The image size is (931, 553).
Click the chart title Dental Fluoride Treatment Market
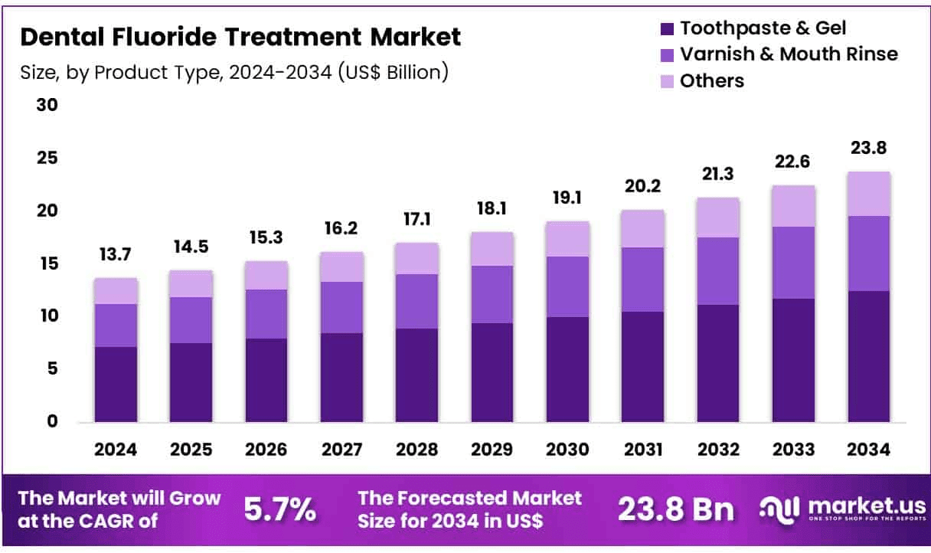(x=240, y=36)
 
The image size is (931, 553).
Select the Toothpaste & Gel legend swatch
(x=666, y=29)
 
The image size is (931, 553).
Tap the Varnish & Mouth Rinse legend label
(x=789, y=54)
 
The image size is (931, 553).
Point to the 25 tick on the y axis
(x=47, y=159)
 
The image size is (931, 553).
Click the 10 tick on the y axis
(x=47, y=316)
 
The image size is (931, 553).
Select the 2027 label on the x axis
(x=341, y=450)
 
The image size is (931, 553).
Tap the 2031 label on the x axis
(x=642, y=450)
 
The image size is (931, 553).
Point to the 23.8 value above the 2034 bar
(x=868, y=149)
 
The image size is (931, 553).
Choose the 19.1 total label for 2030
(x=567, y=198)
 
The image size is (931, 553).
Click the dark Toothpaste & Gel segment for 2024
(x=116, y=384)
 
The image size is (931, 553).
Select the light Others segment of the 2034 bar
(x=868, y=194)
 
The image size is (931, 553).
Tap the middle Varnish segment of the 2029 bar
(x=492, y=294)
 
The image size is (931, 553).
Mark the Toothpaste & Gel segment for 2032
(x=717, y=363)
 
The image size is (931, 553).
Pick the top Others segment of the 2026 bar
(x=266, y=275)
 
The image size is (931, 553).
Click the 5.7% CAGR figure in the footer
(x=279, y=509)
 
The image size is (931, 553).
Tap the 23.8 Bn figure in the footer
(x=676, y=509)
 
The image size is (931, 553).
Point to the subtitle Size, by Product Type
(x=234, y=73)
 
